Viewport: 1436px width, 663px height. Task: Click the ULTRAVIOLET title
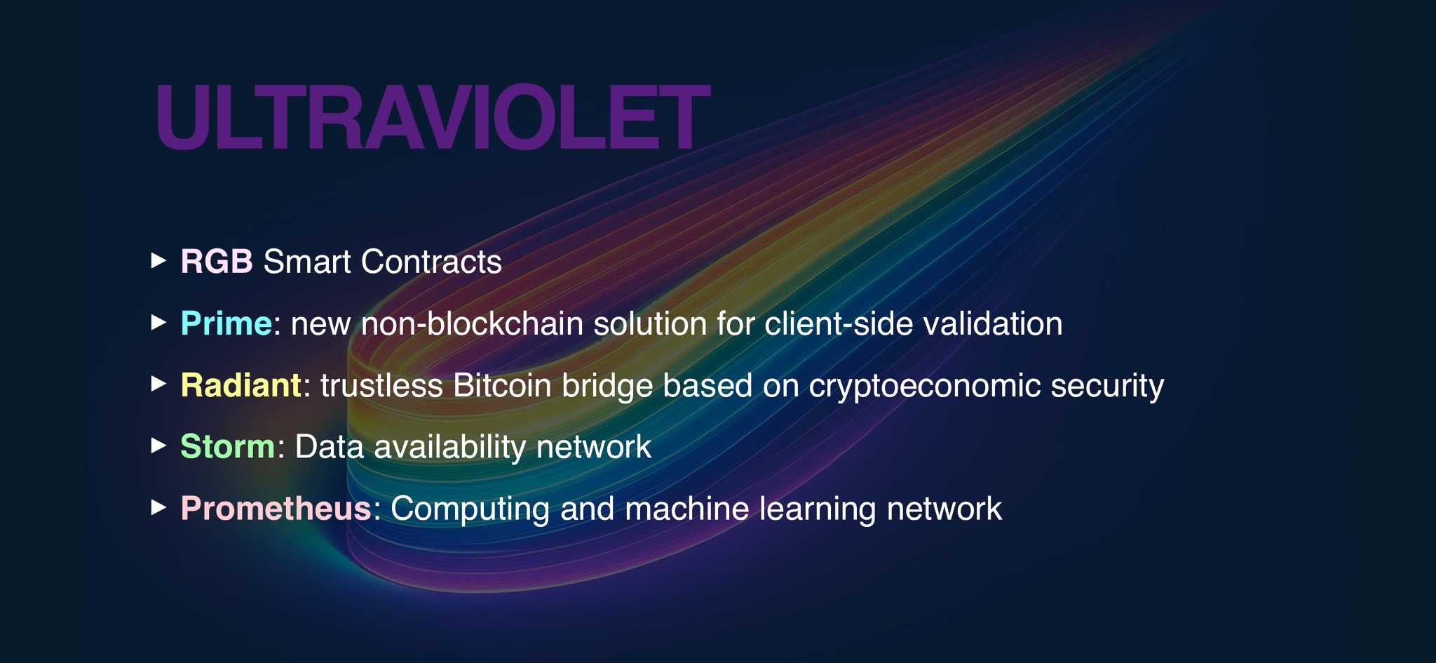(433, 116)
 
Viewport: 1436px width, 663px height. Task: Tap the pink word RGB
(217, 262)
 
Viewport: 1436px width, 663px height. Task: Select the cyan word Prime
(226, 324)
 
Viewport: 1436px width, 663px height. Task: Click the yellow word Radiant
(241, 385)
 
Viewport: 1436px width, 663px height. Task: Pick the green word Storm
(228, 447)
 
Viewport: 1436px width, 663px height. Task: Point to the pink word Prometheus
(276, 508)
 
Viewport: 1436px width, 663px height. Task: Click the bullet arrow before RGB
(159, 261)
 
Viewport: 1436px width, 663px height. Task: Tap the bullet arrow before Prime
(159, 323)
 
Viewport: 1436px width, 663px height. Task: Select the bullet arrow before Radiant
(159, 384)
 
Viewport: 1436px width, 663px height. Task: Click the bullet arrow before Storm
(159, 446)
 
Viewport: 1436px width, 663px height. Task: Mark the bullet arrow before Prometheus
(159, 507)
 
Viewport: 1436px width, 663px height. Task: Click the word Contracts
(431, 262)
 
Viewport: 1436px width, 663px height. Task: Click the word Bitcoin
(502, 385)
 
